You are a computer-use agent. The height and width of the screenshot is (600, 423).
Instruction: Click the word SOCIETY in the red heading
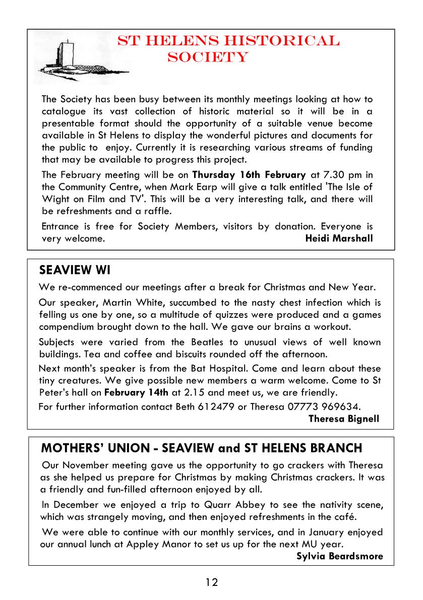208,57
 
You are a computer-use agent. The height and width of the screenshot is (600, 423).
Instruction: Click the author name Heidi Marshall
339,238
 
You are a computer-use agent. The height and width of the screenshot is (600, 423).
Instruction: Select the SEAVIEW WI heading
75,271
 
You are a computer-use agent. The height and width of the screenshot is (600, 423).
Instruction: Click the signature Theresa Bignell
343,418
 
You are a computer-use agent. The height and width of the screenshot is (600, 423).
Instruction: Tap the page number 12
212,582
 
